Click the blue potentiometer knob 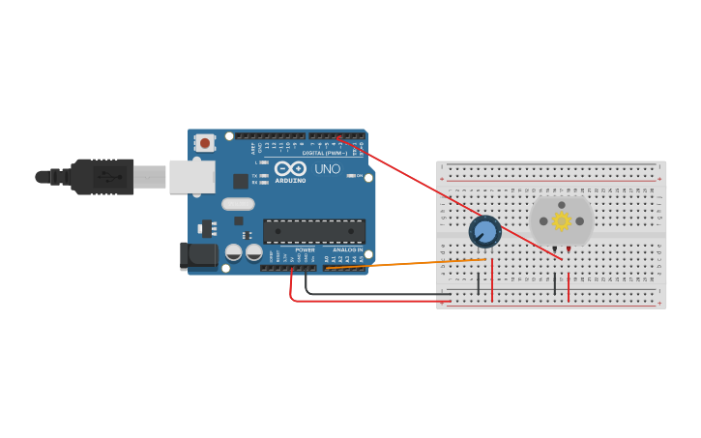[484, 232]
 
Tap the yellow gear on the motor [562, 220]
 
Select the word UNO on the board [327, 169]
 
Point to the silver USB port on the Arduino [191, 177]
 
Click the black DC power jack [199, 255]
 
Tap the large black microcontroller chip [314, 231]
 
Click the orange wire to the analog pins [406, 263]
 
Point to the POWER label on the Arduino [305, 250]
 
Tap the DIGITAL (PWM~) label [325, 153]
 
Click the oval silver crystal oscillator [238, 203]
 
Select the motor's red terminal [569, 249]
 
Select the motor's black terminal [555, 249]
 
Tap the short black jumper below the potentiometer [478, 283]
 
